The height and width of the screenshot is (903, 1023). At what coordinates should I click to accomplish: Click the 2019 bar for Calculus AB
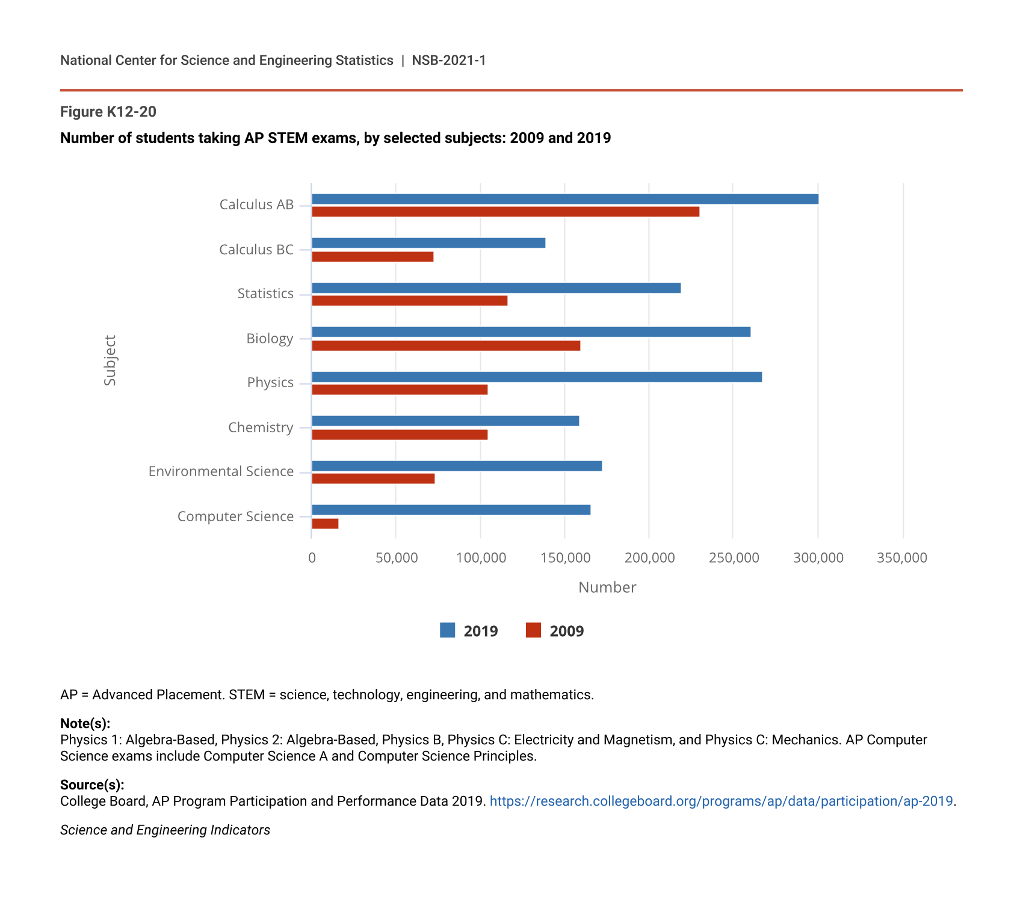tap(564, 199)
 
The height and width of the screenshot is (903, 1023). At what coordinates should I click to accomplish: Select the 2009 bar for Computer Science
tap(325, 524)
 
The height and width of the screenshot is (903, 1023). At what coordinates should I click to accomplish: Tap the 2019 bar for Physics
tap(537, 377)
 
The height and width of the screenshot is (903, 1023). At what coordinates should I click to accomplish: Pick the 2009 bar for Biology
tap(446, 346)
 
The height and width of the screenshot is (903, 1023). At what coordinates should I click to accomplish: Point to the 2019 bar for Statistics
tap(496, 288)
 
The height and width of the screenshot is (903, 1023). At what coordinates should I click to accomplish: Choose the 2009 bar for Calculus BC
tap(372, 257)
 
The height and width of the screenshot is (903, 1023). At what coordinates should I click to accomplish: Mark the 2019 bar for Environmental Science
tap(457, 466)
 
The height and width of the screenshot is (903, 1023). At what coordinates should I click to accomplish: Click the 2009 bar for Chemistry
tap(400, 435)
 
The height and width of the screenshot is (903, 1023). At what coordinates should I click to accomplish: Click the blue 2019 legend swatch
tap(447, 630)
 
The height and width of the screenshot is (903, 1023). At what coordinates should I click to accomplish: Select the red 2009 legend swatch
tap(533, 630)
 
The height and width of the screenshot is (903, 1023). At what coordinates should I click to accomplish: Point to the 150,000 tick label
tap(565, 558)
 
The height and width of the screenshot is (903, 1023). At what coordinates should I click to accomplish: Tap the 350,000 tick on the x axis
tap(902, 558)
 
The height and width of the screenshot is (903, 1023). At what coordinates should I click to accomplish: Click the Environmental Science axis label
tap(221, 471)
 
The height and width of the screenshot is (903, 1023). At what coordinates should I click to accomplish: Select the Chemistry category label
tap(261, 427)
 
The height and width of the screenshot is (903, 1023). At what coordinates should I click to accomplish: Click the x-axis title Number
tap(607, 587)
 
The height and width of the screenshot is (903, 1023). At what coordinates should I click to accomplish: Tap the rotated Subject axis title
tap(110, 360)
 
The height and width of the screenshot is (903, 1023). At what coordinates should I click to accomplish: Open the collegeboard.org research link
tap(721, 801)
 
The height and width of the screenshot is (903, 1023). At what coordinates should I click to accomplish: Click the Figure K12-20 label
tap(108, 112)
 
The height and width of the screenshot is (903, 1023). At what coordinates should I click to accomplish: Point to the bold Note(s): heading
tap(85, 723)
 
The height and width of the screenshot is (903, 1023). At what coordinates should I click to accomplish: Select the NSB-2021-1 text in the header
tap(448, 60)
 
